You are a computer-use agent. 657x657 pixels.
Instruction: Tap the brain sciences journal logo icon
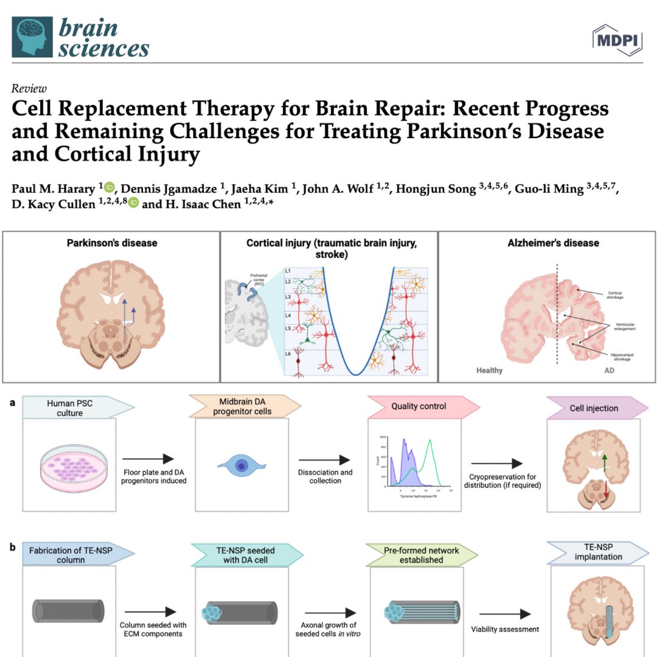(x=32, y=37)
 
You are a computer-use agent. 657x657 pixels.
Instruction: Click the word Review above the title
(x=29, y=89)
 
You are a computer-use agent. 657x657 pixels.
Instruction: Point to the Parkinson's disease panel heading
(x=112, y=243)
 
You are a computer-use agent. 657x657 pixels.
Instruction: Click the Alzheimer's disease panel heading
(x=553, y=243)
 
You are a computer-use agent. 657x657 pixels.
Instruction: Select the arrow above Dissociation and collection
(x=325, y=461)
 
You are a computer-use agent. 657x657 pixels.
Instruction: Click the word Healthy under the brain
(x=490, y=370)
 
